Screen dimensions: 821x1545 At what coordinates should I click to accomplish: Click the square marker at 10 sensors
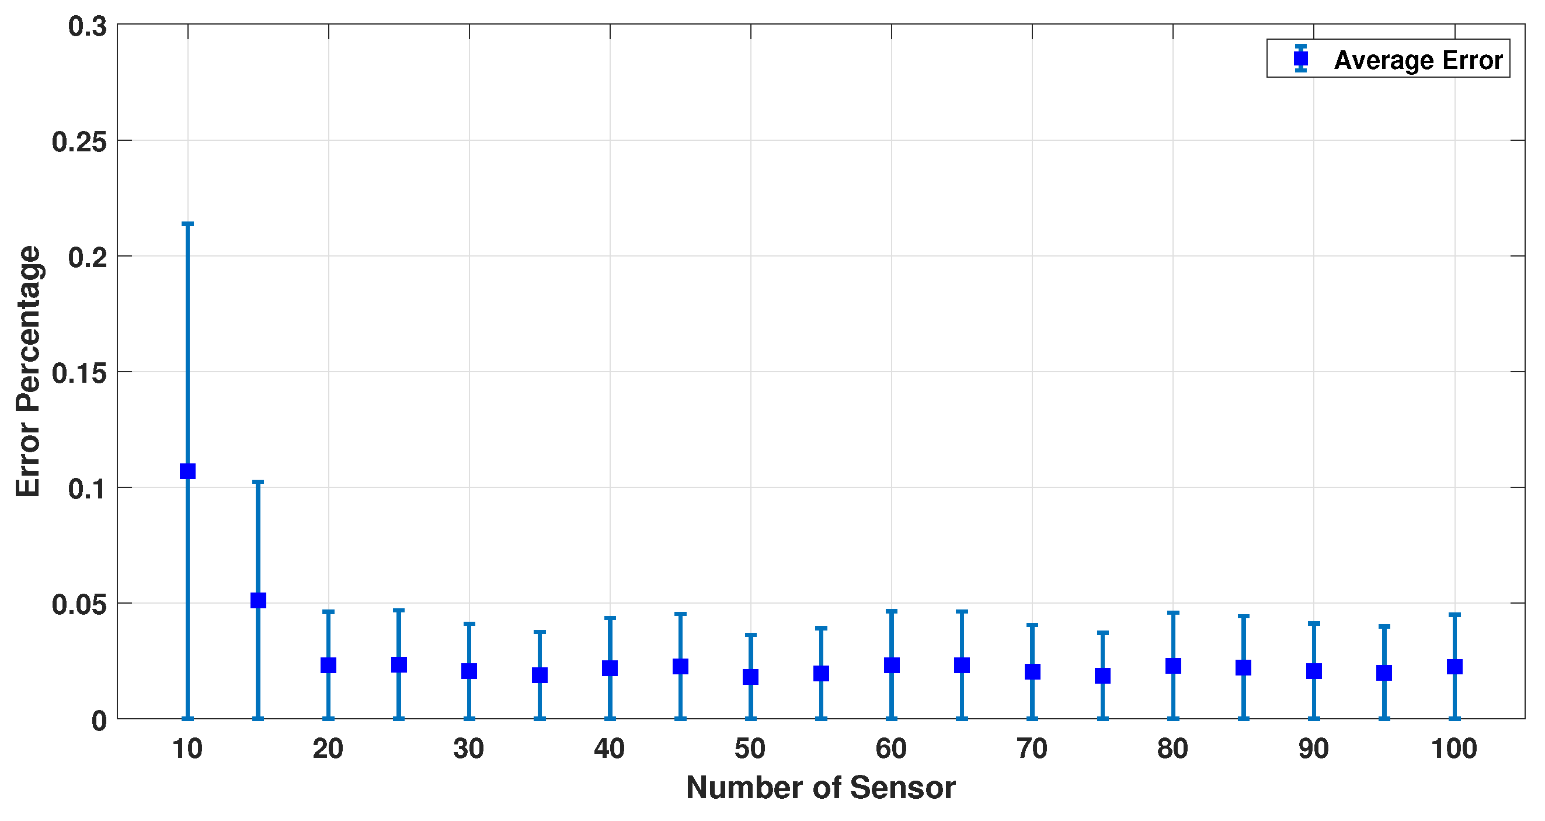pyautogui.click(x=188, y=471)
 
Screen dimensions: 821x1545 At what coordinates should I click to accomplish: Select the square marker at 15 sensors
pyautogui.click(x=258, y=600)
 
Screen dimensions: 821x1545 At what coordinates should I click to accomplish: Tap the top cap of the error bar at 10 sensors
pyautogui.click(x=188, y=224)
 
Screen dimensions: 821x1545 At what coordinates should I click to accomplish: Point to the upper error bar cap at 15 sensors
pyautogui.click(x=258, y=481)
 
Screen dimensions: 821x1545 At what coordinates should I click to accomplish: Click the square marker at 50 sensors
pyautogui.click(x=750, y=677)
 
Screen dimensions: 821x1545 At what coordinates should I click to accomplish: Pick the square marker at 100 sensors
pyautogui.click(x=1454, y=667)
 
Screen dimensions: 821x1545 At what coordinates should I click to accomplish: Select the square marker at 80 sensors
pyautogui.click(x=1173, y=666)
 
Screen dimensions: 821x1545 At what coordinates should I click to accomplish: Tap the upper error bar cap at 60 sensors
pyautogui.click(x=891, y=611)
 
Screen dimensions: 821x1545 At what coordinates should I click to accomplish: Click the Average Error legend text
pyautogui.click(x=1418, y=60)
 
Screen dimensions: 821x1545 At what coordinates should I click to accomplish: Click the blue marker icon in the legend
pyautogui.click(x=1301, y=59)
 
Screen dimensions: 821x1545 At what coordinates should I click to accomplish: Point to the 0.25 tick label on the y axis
pyautogui.click(x=79, y=142)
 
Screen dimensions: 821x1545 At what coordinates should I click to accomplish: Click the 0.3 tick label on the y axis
pyautogui.click(x=87, y=27)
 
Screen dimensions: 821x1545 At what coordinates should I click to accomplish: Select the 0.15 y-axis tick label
pyautogui.click(x=79, y=373)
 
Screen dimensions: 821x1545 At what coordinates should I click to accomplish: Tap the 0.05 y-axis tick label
pyautogui.click(x=79, y=604)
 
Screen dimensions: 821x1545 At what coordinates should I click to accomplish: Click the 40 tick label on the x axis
pyautogui.click(x=610, y=749)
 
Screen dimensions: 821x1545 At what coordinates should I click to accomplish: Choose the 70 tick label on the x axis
pyautogui.click(x=1032, y=749)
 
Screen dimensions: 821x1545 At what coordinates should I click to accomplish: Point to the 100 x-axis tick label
pyautogui.click(x=1454, y=749)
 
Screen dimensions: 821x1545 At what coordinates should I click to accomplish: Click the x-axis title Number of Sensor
pyautogui.click(x=820, y=788)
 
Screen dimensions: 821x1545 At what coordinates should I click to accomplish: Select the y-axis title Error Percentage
pyautogui.click(x=28, y=372)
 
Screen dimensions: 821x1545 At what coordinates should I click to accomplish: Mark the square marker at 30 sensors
pyautogui.click(x=469, y=671)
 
